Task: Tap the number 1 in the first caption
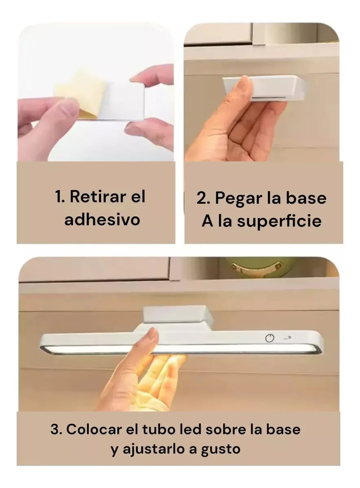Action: (x=59, y=197)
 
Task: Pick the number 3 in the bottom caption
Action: (x=55, y=429)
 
